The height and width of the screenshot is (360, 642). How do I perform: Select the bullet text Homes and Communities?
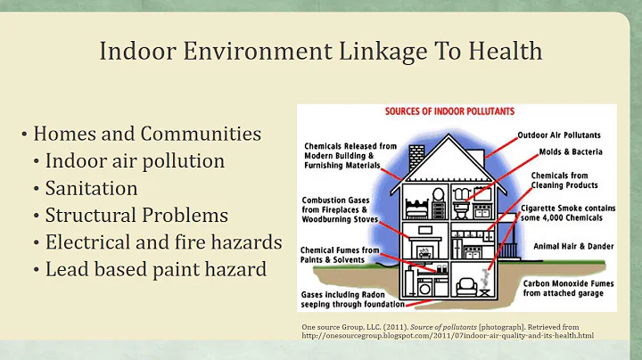pyautogui.click(x=147, y=135)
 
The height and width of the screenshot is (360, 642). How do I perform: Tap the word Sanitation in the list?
pyautogui.click(x=91, y=188)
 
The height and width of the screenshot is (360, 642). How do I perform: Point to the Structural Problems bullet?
pyautogui.click(x=136, y=215)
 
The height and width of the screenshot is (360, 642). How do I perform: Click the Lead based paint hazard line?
pyautogui.click(x=155, y=268)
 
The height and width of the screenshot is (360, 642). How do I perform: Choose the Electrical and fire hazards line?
pyautogui.click(x=163, y=241)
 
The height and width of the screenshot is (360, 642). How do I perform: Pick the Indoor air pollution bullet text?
pyautogui.click(x=135, y=161)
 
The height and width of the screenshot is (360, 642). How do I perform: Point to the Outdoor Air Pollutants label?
pyautogui.click(x=565, y=136)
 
